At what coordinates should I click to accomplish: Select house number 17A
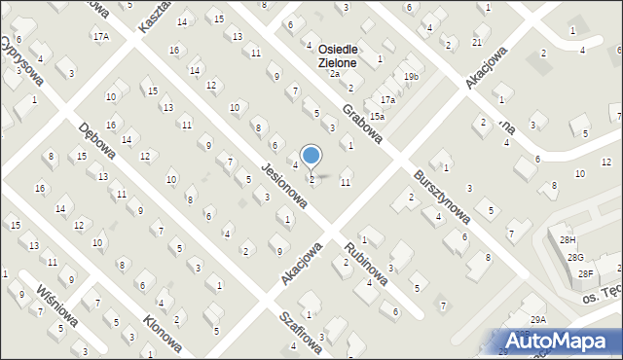pyautogui.click(x=101, y=36)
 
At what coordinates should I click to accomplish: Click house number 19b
pyautogui.click(x=412, y=77)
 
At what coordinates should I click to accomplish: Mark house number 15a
pyautogui.click(x=377, y=117)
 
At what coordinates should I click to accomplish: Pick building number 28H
pyautogui.click(x=568, y=240)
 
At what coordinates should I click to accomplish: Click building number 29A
pyautogui.click(x=538, y=319)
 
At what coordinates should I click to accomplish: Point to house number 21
pyautogui.click(x=476, y=43)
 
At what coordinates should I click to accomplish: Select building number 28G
pyautogui.click(x=576, y=257)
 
